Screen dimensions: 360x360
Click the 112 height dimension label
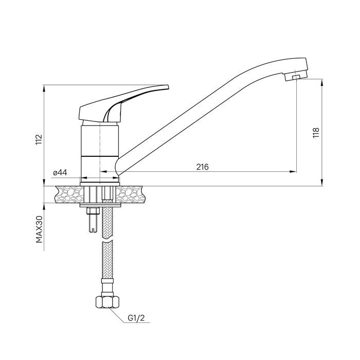[39, 139]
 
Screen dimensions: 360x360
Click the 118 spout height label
[316, 133]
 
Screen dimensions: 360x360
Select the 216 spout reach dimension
[203, 167]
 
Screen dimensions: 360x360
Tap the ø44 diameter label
[60, 172]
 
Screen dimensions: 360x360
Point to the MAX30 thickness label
[39, 229]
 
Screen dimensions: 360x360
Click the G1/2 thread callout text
[136, 318]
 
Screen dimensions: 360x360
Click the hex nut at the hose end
[107, 302]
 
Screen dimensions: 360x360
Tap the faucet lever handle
[124, 104]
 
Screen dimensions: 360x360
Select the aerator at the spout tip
[296, 77]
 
